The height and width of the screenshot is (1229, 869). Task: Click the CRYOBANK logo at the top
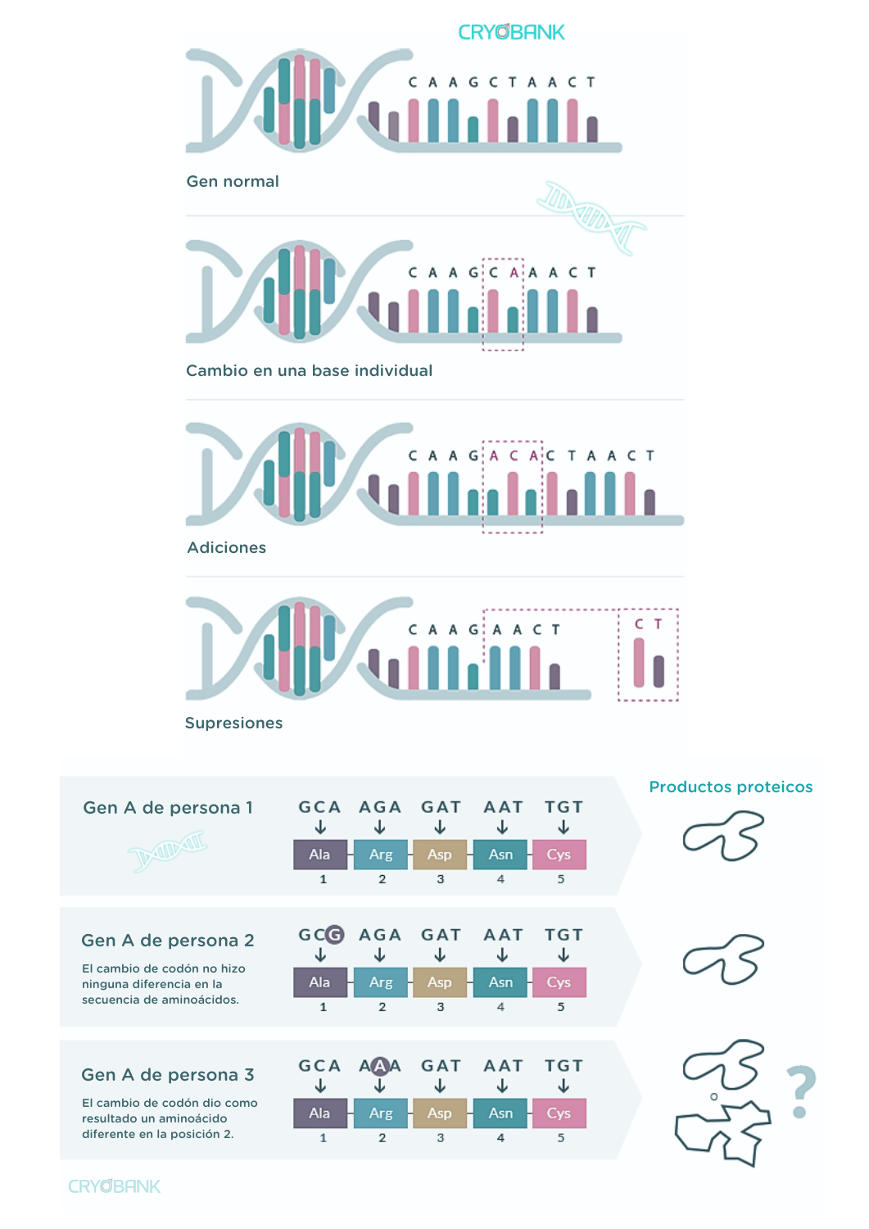coord(511,33)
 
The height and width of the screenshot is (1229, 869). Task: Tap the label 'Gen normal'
coord(233,181)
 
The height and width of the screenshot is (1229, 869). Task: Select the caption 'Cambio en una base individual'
coord(309,370)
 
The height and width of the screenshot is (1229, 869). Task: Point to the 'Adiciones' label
coord(226,547)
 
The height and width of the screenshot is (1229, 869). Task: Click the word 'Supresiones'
coord(233,723)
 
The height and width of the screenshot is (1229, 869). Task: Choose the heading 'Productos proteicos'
coord(731,787)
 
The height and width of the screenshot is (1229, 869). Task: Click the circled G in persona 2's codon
coord(334,935)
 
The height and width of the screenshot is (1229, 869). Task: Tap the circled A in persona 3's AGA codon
coord(379,1066)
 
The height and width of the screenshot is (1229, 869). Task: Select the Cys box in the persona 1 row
coord(559,855)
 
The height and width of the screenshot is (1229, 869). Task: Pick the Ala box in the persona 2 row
coord(319,982)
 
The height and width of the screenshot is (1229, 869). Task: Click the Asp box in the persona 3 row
coord(439,1113)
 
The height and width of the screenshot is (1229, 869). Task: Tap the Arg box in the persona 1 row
coord(381,855)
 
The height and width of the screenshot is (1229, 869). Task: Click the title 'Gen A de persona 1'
coord(168,808)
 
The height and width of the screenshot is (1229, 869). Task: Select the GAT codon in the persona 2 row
coord(441,935)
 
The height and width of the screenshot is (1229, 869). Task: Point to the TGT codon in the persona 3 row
coord(563,1066)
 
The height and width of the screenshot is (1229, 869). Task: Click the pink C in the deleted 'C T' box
coord(639,624)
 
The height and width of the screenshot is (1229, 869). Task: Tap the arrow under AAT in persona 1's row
coord(502,828)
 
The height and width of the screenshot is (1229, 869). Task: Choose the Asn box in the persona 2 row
coord(500,982)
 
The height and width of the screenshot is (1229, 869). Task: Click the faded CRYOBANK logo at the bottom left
coord(114,1186)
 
